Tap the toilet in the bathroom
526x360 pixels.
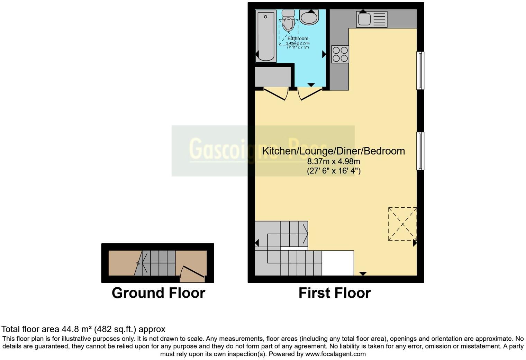[x=288, y=21]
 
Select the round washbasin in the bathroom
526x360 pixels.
[x=309, y=17]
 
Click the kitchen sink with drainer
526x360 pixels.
[x=372, y=19]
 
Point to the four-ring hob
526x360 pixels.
[x=340, y=54]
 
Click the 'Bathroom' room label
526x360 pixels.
[x=298, y=38]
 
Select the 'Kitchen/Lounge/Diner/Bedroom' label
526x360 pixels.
[x=334, y=151]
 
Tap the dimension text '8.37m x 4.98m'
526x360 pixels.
[x=334, y=161]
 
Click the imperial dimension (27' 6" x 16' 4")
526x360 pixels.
[x=334, y=171]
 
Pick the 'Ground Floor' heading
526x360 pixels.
[x=158, y=293]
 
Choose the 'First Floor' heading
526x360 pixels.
[x=335, y=293]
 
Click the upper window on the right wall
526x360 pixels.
[x=420, y=71]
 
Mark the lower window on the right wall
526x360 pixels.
[x=420, y=151]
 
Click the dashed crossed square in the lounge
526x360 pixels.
[x=402, y=224]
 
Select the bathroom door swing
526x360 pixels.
[x=309, y=94]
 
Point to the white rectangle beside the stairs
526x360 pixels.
[x=338, y=263]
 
